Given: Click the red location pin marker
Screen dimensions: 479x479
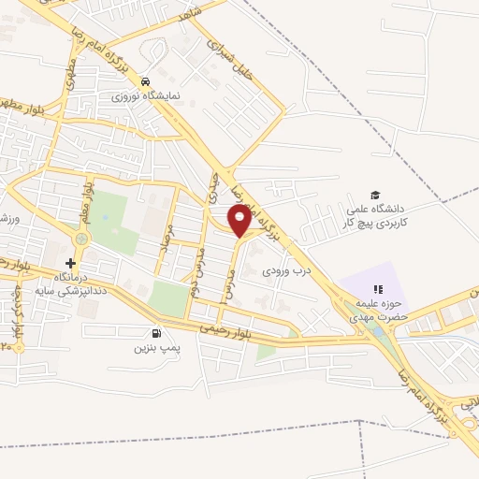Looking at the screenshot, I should (240, 220).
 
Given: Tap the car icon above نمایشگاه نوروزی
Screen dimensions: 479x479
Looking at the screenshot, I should (146, 80).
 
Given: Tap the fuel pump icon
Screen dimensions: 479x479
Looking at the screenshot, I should (155, 332).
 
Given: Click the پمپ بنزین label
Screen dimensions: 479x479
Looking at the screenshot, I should (154, 348).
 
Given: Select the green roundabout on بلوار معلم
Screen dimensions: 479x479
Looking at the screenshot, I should (81, 239).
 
